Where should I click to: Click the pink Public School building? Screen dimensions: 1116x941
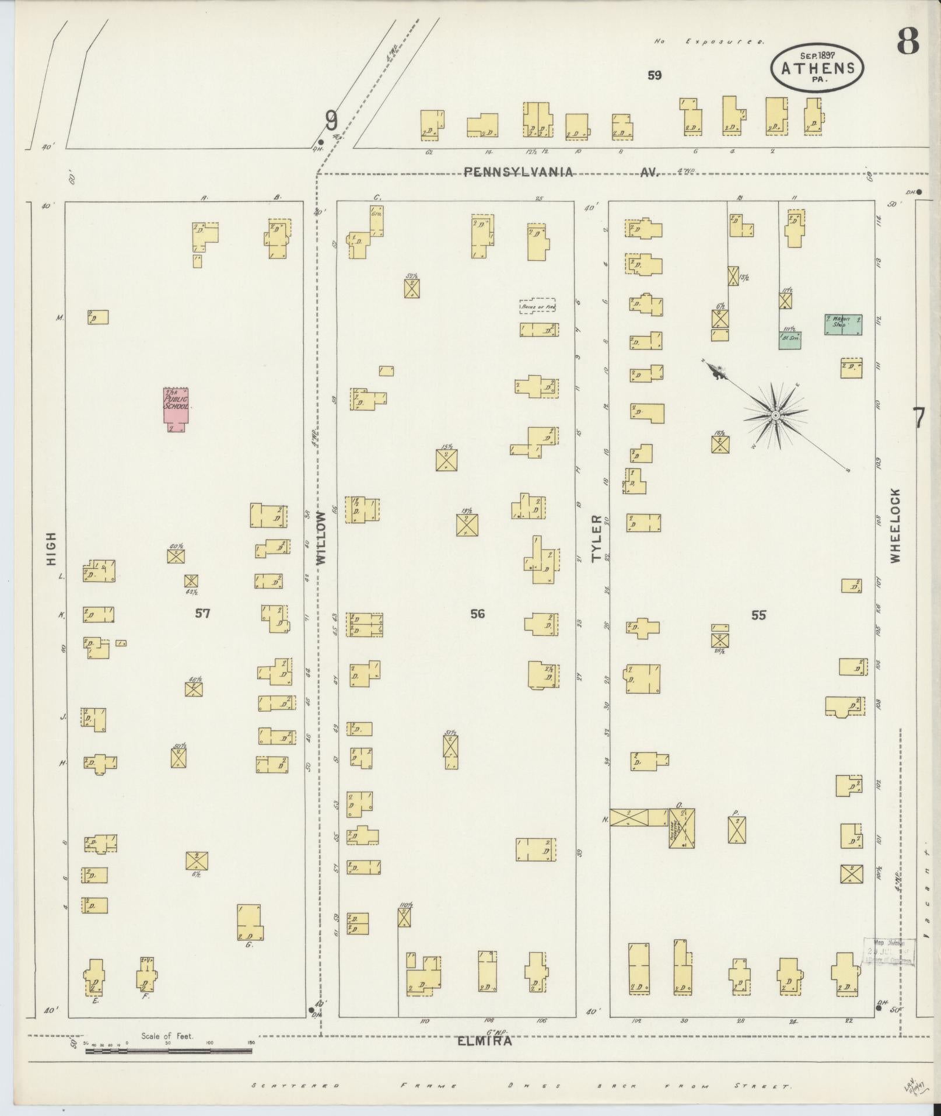pos(176,409)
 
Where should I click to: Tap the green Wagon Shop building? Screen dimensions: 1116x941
pos(843,324)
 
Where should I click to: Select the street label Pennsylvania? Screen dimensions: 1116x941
pos(519,172)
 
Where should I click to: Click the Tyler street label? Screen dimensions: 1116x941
pos(596,538)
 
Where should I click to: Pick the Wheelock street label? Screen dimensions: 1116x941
pos(895,525)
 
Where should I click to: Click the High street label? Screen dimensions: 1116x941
pos(51,548)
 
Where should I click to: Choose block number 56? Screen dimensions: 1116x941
pos(477,613)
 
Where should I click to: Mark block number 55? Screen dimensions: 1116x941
pos(758,614)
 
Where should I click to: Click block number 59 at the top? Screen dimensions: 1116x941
pos(654,75)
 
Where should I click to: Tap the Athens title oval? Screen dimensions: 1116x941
pos(817,68)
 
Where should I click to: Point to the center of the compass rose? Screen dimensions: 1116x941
pos(775,415)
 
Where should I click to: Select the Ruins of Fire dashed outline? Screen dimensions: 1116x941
pos(537,306)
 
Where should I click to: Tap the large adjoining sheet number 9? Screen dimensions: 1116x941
pos(331,121)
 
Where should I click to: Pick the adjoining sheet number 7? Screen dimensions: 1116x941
pos(919,418)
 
